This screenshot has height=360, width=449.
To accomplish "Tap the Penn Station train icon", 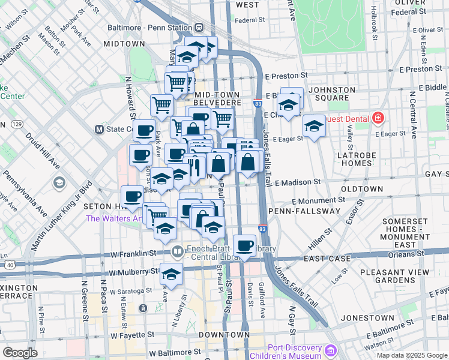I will point(199,28).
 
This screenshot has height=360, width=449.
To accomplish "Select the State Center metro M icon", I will point(100,129).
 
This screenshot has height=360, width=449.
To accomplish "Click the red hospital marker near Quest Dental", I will point(378,118).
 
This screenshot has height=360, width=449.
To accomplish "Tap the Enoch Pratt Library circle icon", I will point(177,251).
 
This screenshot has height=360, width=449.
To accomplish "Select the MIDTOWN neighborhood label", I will point(124,44).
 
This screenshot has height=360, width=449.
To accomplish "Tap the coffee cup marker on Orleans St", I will point(245,247).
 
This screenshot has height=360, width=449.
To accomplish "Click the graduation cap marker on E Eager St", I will point(314,127).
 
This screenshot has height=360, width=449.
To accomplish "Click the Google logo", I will point(20,353).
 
